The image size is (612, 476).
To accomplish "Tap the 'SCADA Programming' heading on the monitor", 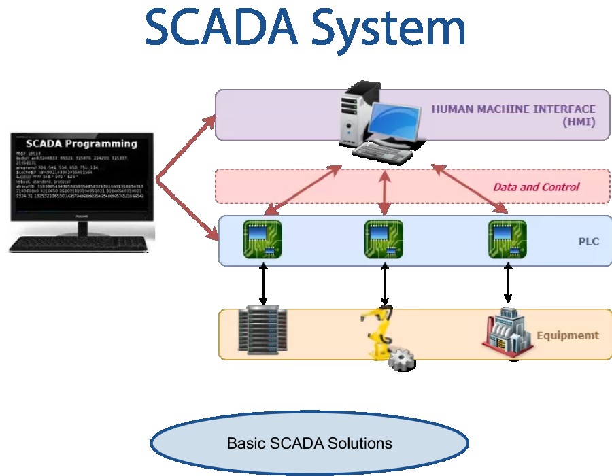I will [x=81, y=143].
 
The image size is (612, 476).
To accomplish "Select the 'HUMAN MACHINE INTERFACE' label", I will [x=513, y=109].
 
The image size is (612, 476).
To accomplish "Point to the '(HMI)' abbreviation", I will [x=578, y=122].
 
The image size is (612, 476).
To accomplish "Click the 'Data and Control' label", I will [x=536, y=186].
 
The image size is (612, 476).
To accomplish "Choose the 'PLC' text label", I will [x=588, y=241].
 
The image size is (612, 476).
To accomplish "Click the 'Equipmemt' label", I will [x=568, y=335].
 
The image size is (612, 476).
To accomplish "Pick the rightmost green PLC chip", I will [x=507, y=239].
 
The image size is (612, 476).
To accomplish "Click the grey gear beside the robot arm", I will [x=401, y=358].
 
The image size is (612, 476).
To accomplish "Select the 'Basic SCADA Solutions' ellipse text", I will [x=309, y=444].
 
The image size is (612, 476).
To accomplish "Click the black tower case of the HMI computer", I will [x=360, y=112].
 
